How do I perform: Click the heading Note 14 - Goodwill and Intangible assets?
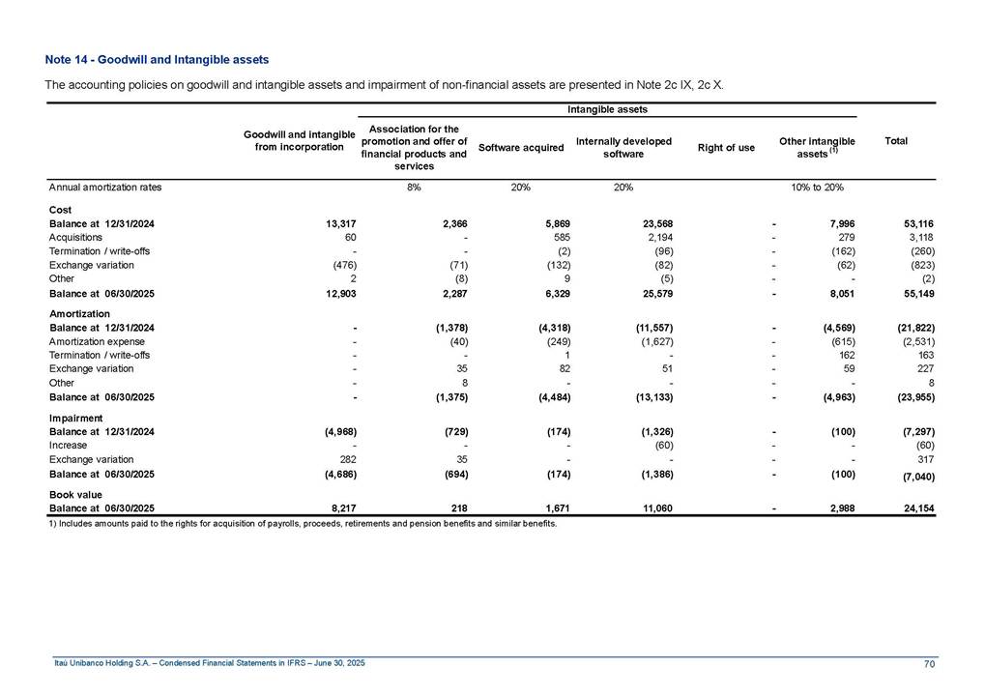coord(157,60)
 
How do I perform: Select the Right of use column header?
coord(726,148)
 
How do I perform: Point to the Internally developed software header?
coord(623,148)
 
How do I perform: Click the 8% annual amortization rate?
coord(414,188)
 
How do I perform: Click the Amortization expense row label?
coord(97,342)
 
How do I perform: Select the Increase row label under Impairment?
coord(67,446)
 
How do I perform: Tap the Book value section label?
coord(75,494)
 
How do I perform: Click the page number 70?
coord(929,662)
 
